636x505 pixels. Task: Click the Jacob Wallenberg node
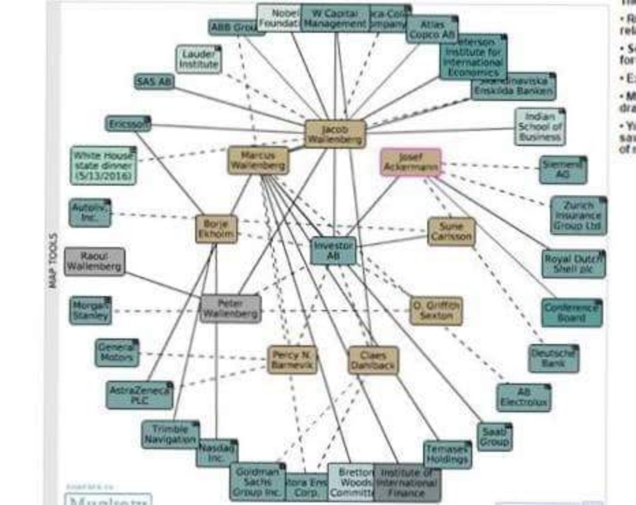335,134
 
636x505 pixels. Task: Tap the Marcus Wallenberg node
258,160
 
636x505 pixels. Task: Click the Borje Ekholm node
216,229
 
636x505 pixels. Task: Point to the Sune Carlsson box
451,231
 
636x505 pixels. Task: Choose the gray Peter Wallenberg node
231,308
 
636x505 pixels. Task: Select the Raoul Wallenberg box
94,261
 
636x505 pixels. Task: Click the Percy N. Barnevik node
292,360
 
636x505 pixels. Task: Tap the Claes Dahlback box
373,360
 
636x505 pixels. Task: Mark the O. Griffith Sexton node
436,311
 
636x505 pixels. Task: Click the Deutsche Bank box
553,358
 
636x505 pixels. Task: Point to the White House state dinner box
103,165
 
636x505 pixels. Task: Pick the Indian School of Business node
540,126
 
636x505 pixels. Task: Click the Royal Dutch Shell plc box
573,263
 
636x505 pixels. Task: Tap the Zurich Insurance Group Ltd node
577,216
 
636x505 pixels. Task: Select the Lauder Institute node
199,59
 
